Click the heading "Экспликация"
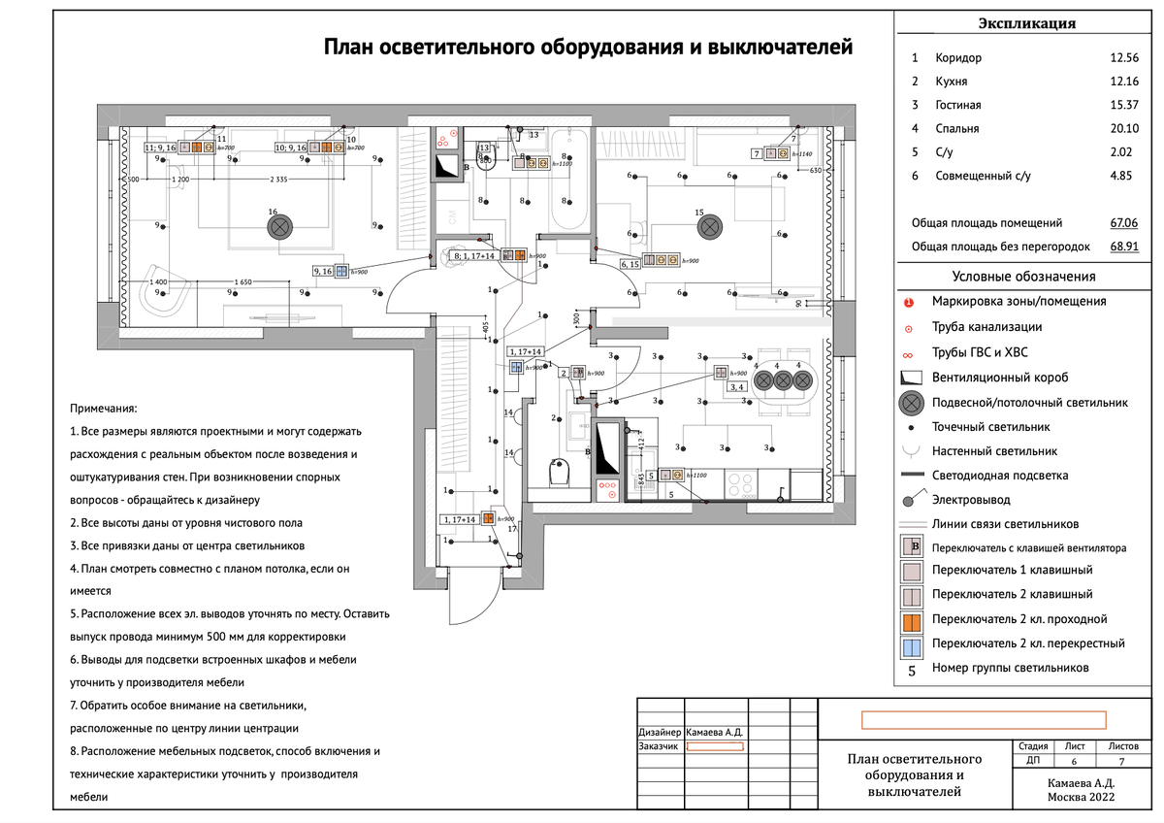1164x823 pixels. [x=1025, y=24]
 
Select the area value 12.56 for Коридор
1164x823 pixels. [x=1125, y=58]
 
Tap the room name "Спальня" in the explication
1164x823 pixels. [x=957, y=128]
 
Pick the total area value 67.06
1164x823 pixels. [x=1125, y=222]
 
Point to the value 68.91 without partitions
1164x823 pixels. [x=1125, y=247]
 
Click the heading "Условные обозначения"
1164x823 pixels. [x=1023, y=277]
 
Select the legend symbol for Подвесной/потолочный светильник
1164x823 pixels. [x=910, y=402]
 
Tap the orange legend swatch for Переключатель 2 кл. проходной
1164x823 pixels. [x=910, y=618]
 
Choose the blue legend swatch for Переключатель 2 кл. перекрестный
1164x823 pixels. [x=910, y=642]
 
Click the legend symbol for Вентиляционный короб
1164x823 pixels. [x=910, y=378]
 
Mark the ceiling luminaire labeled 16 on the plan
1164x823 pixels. [x=279, y=227]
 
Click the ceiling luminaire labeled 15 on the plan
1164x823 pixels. [x=710, y=226]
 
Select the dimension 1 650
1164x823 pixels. [x=242, y=281]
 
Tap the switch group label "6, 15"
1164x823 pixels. [x=630, y=264]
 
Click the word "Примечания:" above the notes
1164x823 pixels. [x=105, y=411]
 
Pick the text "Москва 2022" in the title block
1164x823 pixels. [x=1081, y=796]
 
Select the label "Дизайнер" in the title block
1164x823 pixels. [x=660, y=732]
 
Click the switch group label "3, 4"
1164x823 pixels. [x=737, y=387]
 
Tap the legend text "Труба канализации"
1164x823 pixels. [x=986, y=327]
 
